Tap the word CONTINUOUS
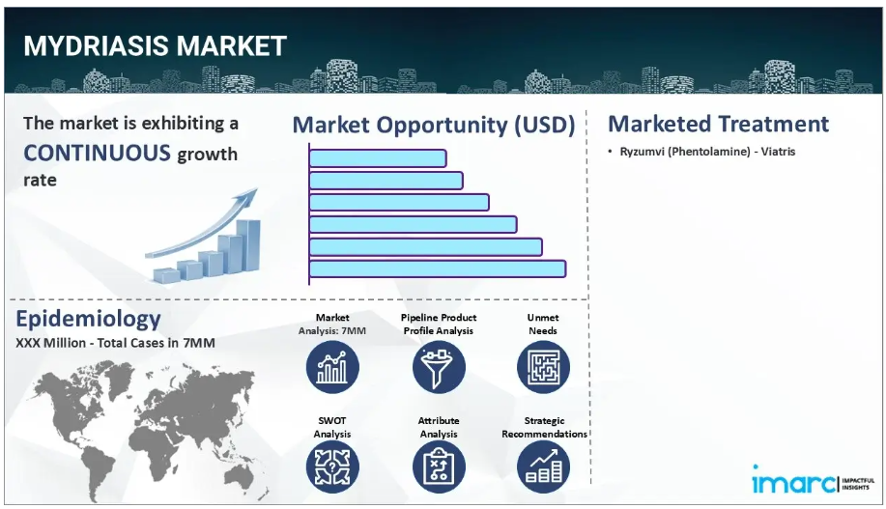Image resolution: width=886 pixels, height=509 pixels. pyautogui.click(x=98, y=153)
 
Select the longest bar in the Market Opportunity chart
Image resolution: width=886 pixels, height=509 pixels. pyautogui.click(x=438, y=269)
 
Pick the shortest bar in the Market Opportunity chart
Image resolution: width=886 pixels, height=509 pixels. pyautogui.click(x=378, y=158)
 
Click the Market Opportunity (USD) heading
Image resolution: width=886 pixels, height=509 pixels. pyautogui.click(x=434, y=125)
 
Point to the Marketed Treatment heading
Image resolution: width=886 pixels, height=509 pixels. pyautogui.click(x=718, y=124)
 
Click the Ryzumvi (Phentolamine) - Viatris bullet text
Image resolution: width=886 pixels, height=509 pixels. pyautogui.click(x=707, y=152)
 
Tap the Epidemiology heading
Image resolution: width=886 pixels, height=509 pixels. pyautogui.click(x=88, y=319)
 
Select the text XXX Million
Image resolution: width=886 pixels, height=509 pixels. pyautogui.click(x=51, y=343)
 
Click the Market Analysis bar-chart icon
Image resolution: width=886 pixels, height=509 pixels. pyautogui.click(x=332, y=367)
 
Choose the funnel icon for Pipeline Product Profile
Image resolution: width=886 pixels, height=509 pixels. pyautogui.click(x=439, y=367)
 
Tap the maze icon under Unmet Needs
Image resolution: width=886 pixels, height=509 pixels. pyautogui.click(x=543, y=367)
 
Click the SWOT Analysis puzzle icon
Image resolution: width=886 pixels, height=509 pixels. pyautogui.click(x=332, y=467)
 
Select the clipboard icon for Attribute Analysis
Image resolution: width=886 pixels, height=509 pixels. pyautogui.click(x=439, y=467)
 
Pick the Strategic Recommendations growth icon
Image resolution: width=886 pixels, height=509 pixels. pyautogui.click(x=543, y=467)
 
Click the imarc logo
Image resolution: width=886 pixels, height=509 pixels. pyautogui.click(x=813, y=480)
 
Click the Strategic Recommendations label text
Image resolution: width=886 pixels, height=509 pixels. pyautogui.click(x=544, y=427)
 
